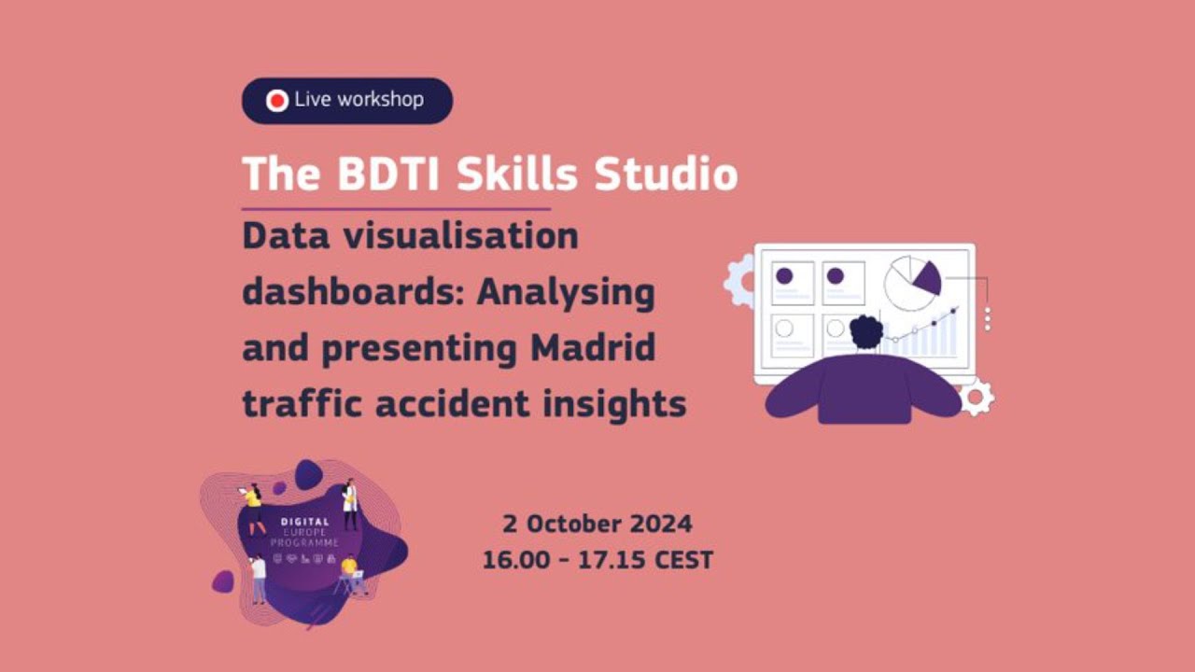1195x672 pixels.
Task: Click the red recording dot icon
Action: (277, 101)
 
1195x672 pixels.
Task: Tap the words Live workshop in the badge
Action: (358, 100)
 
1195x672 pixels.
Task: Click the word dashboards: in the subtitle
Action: (355, 292)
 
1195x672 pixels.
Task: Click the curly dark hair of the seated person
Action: (865, 331)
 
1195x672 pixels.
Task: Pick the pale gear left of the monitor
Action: (738, 280)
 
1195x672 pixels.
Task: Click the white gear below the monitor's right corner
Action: (977, 399)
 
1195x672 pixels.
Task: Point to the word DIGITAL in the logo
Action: (304, 523)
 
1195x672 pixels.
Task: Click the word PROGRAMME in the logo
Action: (304, 542)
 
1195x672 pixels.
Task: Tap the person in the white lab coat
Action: (350, 504)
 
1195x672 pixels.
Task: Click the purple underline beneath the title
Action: (396, 209)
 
